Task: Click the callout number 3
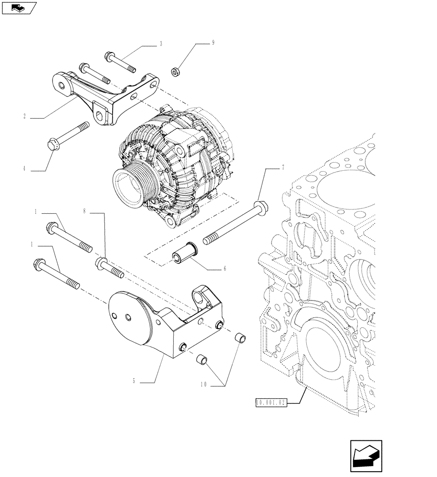(x=161, y=44)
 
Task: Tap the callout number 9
(x=213, y=42)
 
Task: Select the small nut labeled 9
(x=175, y=72)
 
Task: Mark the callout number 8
(x=84, y=210)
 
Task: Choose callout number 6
(x=224, y=269)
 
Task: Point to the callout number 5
(x=134, y=382)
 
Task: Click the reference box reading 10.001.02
(x=270, y=403)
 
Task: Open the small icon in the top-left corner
(x=19, y=8)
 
